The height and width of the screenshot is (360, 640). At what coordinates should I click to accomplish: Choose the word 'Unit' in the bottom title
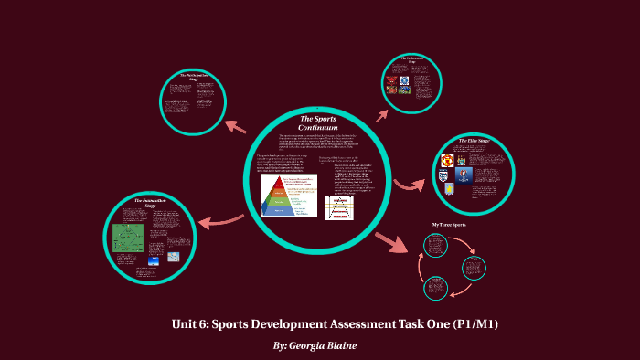click(x=186, y=324)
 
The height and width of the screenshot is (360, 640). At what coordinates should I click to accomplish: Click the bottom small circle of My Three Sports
click(x=436, y=288)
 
